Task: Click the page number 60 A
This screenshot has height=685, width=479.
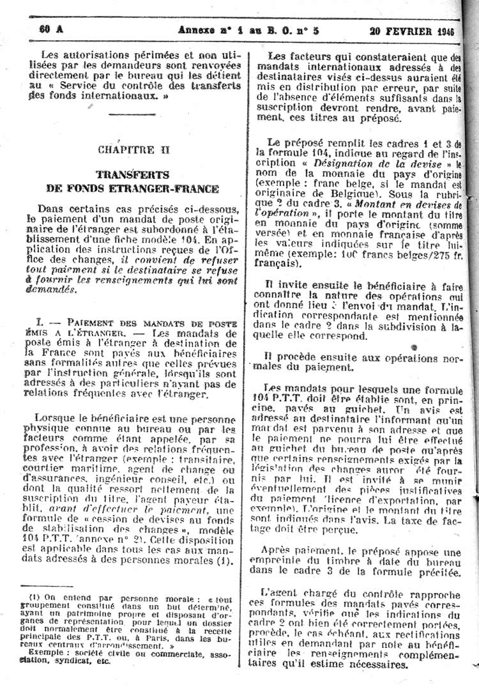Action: [x=47, y=29]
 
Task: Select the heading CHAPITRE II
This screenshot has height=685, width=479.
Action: [x=134, y=150]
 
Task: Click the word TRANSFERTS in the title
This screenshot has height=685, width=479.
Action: [x=133, y=174]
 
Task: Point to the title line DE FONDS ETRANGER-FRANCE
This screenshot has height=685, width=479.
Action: [x=133, y=189]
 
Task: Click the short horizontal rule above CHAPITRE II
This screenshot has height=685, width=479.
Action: [x=132, y=115]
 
